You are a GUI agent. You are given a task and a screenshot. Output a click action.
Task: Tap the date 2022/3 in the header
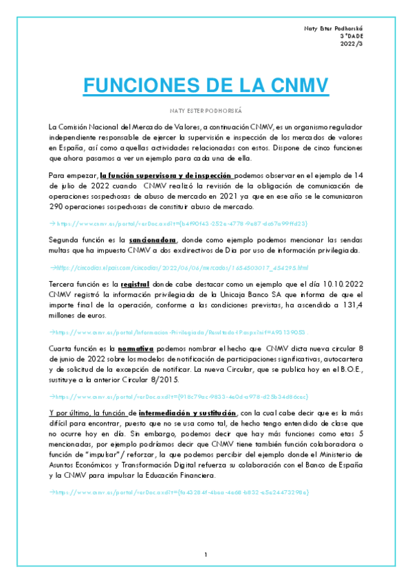pos(352,44)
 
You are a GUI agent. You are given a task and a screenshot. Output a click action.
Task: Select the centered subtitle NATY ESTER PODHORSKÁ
pos(206,110)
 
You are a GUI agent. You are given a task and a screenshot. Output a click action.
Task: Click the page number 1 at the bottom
pos(206,555)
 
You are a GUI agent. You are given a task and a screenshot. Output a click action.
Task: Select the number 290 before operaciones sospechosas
pos(56,206)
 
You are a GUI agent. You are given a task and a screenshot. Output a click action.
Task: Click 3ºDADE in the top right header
pos(351,36)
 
